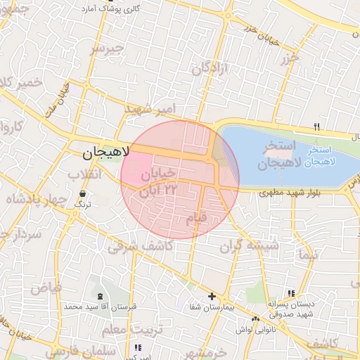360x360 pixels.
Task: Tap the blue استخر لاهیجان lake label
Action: pyautogui.click(x=322, y=156)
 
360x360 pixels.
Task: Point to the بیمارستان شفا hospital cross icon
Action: pyautogui.click(x=212, y=296)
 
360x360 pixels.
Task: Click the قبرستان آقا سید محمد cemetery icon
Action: pyautogui.click(x=99, y=296)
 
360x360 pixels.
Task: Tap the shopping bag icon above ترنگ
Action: pyautogui.click(x=84, y=192)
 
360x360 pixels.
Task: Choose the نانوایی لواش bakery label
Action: pyautogui.click(x=271, y=329)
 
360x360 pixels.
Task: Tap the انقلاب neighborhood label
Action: pyautogui.click(x=84, y=174)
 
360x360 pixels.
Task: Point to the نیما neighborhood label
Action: pyautogui.click(x=308, y=252)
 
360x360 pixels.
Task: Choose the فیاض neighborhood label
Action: pyautogui.click(x=46, y=288)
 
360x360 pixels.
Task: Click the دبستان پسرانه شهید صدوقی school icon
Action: pyautogui.click(x=291, y=293)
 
